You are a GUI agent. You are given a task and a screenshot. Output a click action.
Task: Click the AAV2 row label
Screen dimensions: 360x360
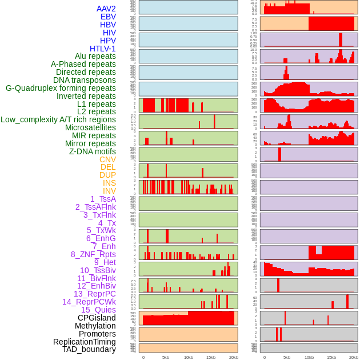106,9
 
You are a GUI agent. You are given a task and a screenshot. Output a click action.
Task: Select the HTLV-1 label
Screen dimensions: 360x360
102,49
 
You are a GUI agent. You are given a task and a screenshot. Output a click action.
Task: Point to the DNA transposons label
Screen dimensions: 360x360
84,80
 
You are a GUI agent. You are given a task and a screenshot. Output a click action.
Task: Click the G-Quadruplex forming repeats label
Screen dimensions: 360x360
61,88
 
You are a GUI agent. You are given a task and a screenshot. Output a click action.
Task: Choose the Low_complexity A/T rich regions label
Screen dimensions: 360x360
58,119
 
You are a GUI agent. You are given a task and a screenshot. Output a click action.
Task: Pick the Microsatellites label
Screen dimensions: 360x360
90,127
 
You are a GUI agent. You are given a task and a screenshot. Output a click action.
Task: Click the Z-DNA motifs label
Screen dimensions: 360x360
92,151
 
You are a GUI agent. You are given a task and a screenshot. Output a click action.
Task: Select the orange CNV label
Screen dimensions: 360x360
107,159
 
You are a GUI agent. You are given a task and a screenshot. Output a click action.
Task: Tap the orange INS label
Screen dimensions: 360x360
109,183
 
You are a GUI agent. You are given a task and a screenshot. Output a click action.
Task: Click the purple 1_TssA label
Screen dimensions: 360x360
103,199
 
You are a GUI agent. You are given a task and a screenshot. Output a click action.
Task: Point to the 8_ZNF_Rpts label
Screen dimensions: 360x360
93,254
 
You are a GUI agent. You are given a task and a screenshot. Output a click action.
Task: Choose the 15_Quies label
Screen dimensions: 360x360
98,310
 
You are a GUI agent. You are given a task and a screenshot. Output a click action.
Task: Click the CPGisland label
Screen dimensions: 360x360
97,318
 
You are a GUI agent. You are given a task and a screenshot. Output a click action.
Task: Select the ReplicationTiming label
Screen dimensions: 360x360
84,342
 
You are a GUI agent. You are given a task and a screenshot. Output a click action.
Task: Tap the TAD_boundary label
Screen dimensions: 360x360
89,349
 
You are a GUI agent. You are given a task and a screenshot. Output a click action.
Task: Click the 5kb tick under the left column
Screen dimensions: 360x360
166,357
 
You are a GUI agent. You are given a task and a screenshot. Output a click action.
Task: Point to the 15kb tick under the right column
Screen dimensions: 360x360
331,357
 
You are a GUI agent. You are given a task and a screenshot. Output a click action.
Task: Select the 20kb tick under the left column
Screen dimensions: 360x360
233,357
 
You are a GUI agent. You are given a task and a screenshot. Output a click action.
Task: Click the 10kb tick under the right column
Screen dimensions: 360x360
309,357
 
